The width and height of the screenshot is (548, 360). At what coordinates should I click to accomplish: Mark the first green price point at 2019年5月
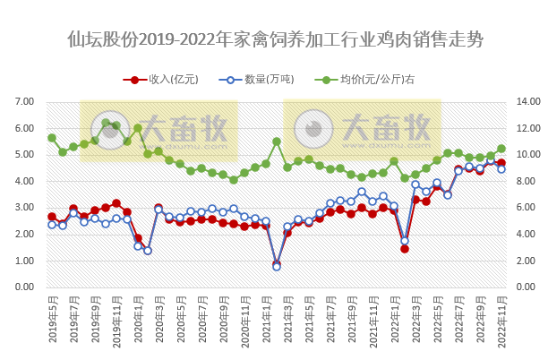pyautogui.click(x=52, y=138)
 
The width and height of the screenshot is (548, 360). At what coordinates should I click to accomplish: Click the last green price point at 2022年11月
pyautogui.click(x=501, y=149)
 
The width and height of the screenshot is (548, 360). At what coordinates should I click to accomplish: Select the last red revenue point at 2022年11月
pyautogui.click(x=501, y=163)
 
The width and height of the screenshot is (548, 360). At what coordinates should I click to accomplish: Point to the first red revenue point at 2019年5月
pyautogui.click(x=52, y=217)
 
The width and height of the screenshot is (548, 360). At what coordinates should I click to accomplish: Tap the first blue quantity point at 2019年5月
pyautogui.click(x=52, y=225)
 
